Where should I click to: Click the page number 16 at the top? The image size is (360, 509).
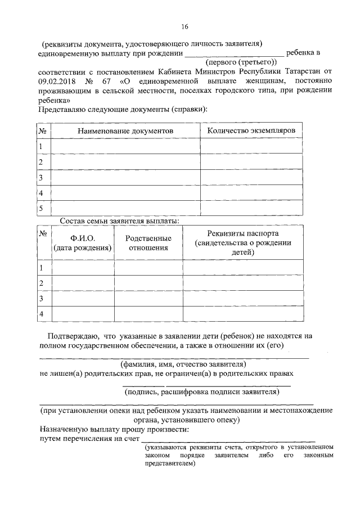(184, 26)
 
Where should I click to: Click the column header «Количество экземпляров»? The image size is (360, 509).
(251, 130)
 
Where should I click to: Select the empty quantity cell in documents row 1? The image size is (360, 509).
(251, 146)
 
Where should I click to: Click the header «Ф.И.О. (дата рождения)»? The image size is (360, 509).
(82, 244)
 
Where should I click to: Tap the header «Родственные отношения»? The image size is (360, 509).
(148, 244)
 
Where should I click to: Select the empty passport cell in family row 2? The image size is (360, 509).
(243, 283)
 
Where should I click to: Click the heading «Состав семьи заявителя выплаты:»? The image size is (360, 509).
(119, 220)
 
